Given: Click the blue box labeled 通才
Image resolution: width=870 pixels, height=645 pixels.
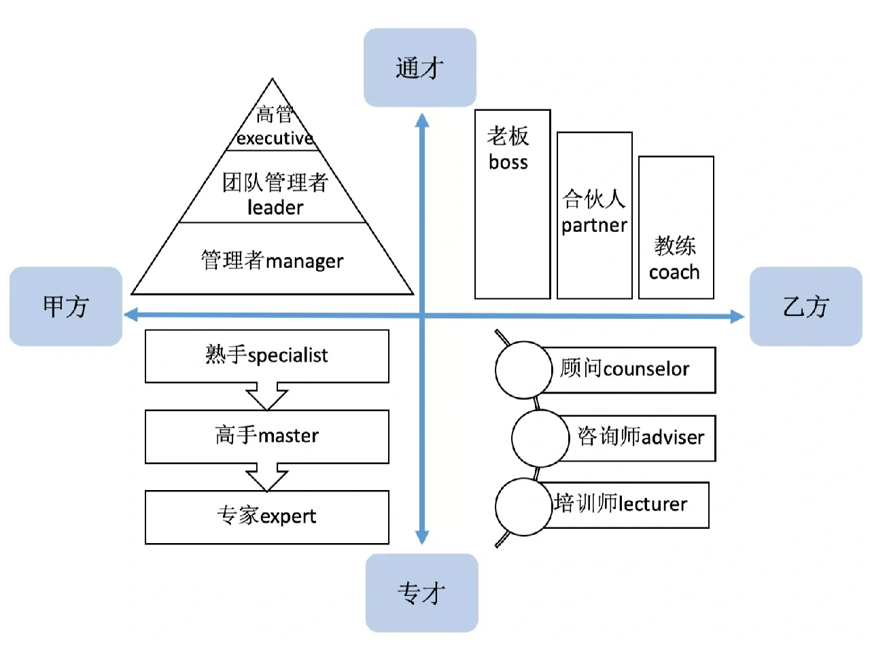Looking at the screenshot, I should click(419, 67).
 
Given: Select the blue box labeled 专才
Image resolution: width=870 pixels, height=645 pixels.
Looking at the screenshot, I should click(421, 593).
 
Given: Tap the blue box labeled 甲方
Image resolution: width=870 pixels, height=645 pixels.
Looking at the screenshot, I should click(65, 307).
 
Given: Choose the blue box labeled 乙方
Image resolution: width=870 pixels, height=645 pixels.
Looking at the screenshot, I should click(805, 307).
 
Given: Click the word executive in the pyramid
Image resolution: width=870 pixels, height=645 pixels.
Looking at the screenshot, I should click(275, 139).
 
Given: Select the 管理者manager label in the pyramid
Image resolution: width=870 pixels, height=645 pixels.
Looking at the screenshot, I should click(272, 261).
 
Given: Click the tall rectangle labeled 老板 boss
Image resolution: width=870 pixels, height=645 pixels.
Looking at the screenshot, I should click(512, 204).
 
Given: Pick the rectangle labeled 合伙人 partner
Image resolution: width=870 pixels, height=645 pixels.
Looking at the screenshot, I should click(594, 215).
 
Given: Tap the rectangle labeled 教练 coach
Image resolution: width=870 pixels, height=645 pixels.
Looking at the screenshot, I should click(676, 227).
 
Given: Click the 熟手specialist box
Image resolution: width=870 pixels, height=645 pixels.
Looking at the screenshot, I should click(267, 355).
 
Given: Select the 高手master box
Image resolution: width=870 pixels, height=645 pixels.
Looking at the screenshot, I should click(267, 436).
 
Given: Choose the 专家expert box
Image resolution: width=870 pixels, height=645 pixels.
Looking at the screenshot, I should click(267, 517).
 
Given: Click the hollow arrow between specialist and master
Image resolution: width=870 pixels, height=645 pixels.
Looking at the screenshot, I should click(267, 396).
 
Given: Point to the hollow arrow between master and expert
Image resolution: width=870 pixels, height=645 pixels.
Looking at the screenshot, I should click(267, 476).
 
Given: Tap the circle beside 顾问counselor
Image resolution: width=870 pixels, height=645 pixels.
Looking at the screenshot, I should click(523, 370).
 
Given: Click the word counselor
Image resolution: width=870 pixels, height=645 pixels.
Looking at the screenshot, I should click(646, 369).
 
